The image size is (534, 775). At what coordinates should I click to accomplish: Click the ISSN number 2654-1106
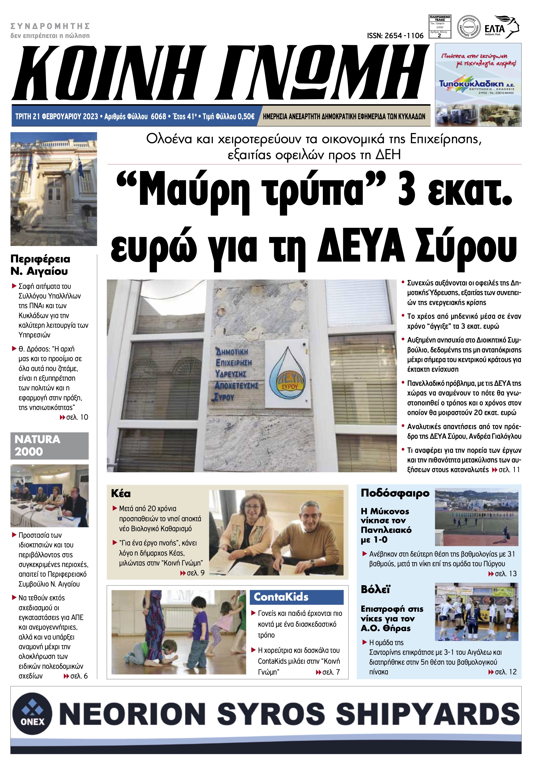pyautogui.click(x=395, y=36)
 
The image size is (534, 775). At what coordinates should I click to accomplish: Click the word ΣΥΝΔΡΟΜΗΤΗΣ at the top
pyautogui.click(x=50, y=26)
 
